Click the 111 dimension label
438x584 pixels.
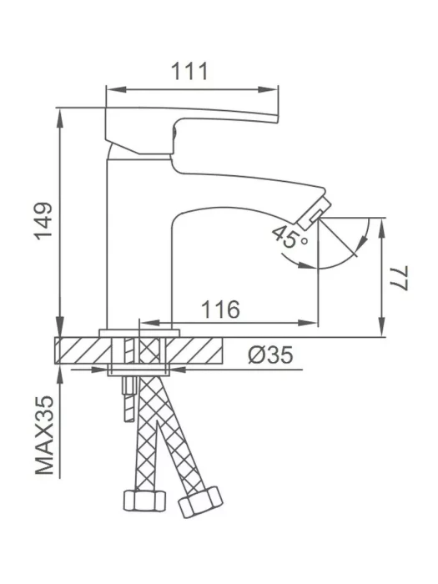pyautogui.click(x=189, y=71)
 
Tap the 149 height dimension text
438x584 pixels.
pyautogui.click(x=43, y=221)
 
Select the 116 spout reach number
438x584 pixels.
pyautogui.click(x=220, y=310)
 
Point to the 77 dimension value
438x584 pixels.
pyautogui.click(x=400, y=278)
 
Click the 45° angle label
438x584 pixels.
pyautogui.click(x=289, y=237)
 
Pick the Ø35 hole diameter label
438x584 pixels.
pyautogui.click(x=271, y=355)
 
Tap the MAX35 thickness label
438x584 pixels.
pyautogui.click(x=45, y=435)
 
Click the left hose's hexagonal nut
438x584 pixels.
pyautogui.click(x=144, y=501)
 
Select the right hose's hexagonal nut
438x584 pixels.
pyautogui.click(x=200, y=502)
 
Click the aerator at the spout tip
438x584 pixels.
pyautogui.click(x=315, y=210)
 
